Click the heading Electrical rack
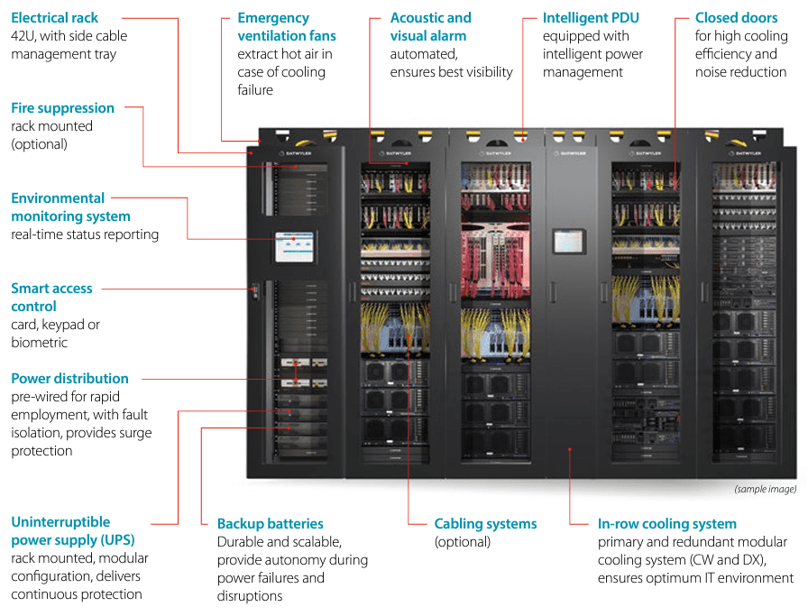[x=55, y=18]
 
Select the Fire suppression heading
[x=62, y=108]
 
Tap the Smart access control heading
[x=51, y=298]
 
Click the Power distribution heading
[x=69, y=379]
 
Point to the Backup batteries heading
[x=270, y=524]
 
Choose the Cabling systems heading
[x=485, y=524]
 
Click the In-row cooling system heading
[x=666, y=524]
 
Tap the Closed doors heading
[x=736, y=18]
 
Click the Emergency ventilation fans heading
[x=286, y=27]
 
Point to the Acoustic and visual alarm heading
[x=430, y=27]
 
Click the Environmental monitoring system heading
[x=70, y=207]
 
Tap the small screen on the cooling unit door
[x=569, y=242]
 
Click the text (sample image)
[x=765, y=489]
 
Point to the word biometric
[x=39, y=343]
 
